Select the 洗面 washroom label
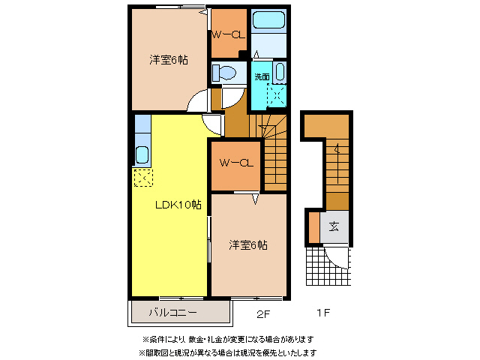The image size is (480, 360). point(261,76)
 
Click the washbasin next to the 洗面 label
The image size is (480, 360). point(279,73)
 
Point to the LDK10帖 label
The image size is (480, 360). point(178,204)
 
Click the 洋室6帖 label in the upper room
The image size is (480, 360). point(167,60)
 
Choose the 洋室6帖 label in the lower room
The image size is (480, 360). point(248,244)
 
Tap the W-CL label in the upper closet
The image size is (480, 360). point(227,34)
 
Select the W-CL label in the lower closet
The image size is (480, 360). point(235,163)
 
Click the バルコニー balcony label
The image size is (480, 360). point(172,311)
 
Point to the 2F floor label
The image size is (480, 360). point(262,312)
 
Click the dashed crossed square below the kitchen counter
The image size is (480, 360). point(142,178)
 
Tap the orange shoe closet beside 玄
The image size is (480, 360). point(313,228)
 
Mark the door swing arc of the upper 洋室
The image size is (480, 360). point(197,102)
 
